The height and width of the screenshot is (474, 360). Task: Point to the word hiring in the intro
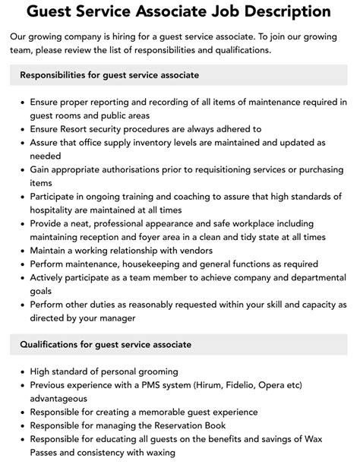click(x=141, y=36)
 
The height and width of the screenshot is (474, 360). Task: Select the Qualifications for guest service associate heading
click(x=106, y=345)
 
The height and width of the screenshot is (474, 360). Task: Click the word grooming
click(x=153, y=371)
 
